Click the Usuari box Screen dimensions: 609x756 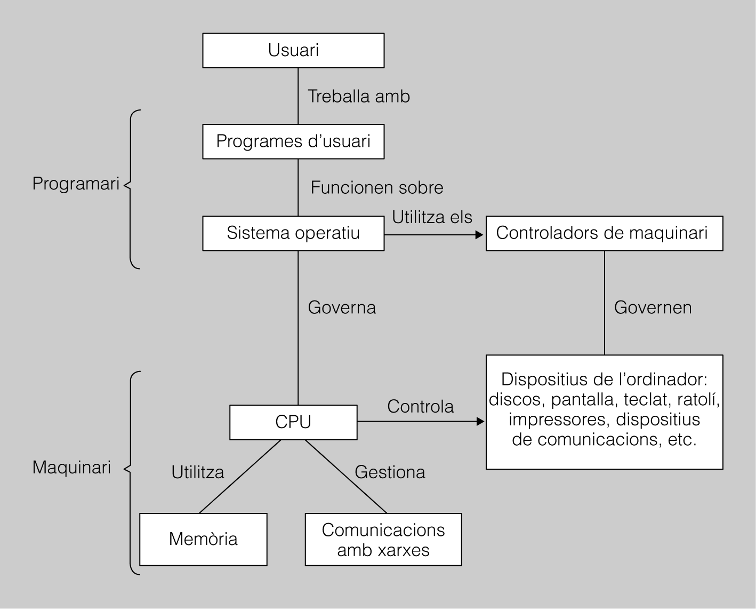[293, 51]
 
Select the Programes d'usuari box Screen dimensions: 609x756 [293, 141]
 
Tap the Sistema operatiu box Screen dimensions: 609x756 [293, 233]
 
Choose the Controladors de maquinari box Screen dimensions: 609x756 [604, 233]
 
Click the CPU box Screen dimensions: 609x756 [293, 422]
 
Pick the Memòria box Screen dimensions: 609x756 [203, 539]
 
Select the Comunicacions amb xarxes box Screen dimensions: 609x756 [383, 539]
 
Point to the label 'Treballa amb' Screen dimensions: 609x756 [359, 97]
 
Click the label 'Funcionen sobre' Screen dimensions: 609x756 [377, 188]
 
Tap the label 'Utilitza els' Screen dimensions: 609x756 [432, 217]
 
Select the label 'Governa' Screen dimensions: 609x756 [342, 308]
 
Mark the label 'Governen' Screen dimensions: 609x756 [653, 308]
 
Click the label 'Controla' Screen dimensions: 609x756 [420, 407]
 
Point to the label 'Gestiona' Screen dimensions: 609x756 [390, 472]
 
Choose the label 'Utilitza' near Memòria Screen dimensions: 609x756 [198, 472]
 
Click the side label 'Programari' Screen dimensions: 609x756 [76, 184]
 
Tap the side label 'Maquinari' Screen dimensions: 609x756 [71, 468]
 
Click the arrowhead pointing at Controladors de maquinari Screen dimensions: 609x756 [479, 234]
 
